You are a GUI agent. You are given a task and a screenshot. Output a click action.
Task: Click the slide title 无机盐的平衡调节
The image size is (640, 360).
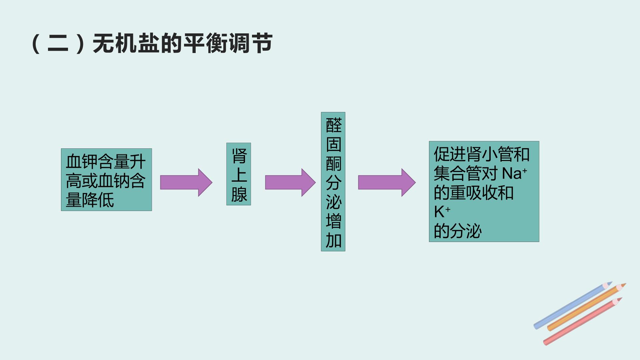pyautogui.click(x=183, y=44)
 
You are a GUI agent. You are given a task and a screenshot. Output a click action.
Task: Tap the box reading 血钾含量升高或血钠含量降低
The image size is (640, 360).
pyautogui.click(x=106, y=180)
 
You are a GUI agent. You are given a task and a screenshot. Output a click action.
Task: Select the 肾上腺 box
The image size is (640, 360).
pyautogui.click(x=239, y=174)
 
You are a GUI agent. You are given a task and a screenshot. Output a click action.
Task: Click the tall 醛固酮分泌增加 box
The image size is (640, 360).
pyautogui.click(x=333, y=182)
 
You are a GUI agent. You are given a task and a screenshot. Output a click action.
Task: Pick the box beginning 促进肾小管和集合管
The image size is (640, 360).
pyautogui.click(x=484, y=192)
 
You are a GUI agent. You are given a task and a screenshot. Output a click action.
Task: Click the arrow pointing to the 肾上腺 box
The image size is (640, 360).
pyautogui.click(x=186, y=182)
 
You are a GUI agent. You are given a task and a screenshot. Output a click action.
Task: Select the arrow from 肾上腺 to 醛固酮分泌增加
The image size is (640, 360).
pyautogui.click(x=290, y=182)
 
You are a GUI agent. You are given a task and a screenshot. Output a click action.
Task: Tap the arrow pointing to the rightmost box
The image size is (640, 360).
pyautogui.click(x=387, y=182)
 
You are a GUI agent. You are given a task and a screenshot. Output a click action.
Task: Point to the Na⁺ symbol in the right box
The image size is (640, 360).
pyautogui.click(x=515, y=173)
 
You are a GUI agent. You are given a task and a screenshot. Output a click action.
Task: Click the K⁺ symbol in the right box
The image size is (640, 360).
pyautogui.click(x=442, y=212)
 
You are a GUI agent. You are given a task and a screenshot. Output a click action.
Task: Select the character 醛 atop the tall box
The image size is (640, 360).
pyautogui.click(x=334, y=125)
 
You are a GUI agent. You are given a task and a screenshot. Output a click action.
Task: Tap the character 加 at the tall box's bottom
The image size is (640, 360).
pyautogui.click(x=334, y=240)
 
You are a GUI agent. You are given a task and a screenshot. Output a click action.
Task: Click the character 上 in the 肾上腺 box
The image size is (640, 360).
pyautogui.click(x=239, y=175)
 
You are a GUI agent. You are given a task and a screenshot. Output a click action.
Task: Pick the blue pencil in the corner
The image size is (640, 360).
pyautogui.click(x=573, y=305)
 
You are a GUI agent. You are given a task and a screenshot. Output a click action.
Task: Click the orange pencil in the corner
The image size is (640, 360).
pyautogui.click(x=587, y=307)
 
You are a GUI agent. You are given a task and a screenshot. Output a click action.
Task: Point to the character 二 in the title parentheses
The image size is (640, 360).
pyautogui.click(x=58, y=44)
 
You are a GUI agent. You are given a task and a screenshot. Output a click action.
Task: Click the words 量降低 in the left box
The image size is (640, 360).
pyautogui.click(x=90, y=200)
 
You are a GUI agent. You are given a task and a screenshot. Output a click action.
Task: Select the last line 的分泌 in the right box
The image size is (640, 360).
pyautogui.click(x=458, y=231)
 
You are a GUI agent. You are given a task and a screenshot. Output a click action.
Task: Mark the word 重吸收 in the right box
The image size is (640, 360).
pyautogui.click(x=474, y=193)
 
